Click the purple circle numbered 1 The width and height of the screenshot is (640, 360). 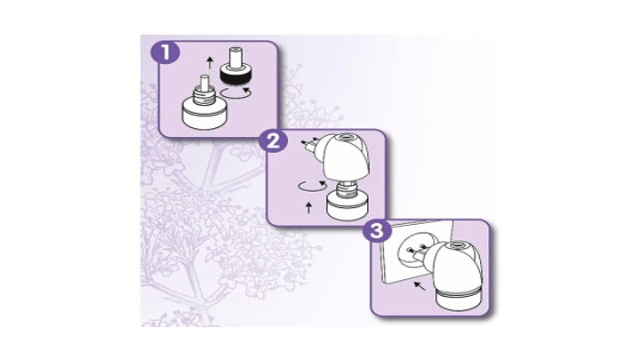point(165,53)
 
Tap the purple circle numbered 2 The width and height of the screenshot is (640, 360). point(273,141)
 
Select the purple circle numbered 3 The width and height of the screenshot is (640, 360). point(377,231)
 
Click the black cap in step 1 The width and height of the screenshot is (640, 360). point(236,74)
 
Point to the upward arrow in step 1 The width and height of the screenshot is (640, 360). point(210,63)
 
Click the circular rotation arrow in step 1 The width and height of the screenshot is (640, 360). point(235,93)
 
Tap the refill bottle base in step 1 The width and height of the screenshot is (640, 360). point(204,115)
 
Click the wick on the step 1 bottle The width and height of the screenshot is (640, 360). point(204,84)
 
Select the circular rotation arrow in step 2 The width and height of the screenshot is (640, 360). point(312,186)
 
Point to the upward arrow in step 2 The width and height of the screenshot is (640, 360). point(309,208)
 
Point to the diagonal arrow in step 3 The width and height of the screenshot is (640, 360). point(420,285)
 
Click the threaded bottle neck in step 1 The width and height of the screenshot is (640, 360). point(204,96)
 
